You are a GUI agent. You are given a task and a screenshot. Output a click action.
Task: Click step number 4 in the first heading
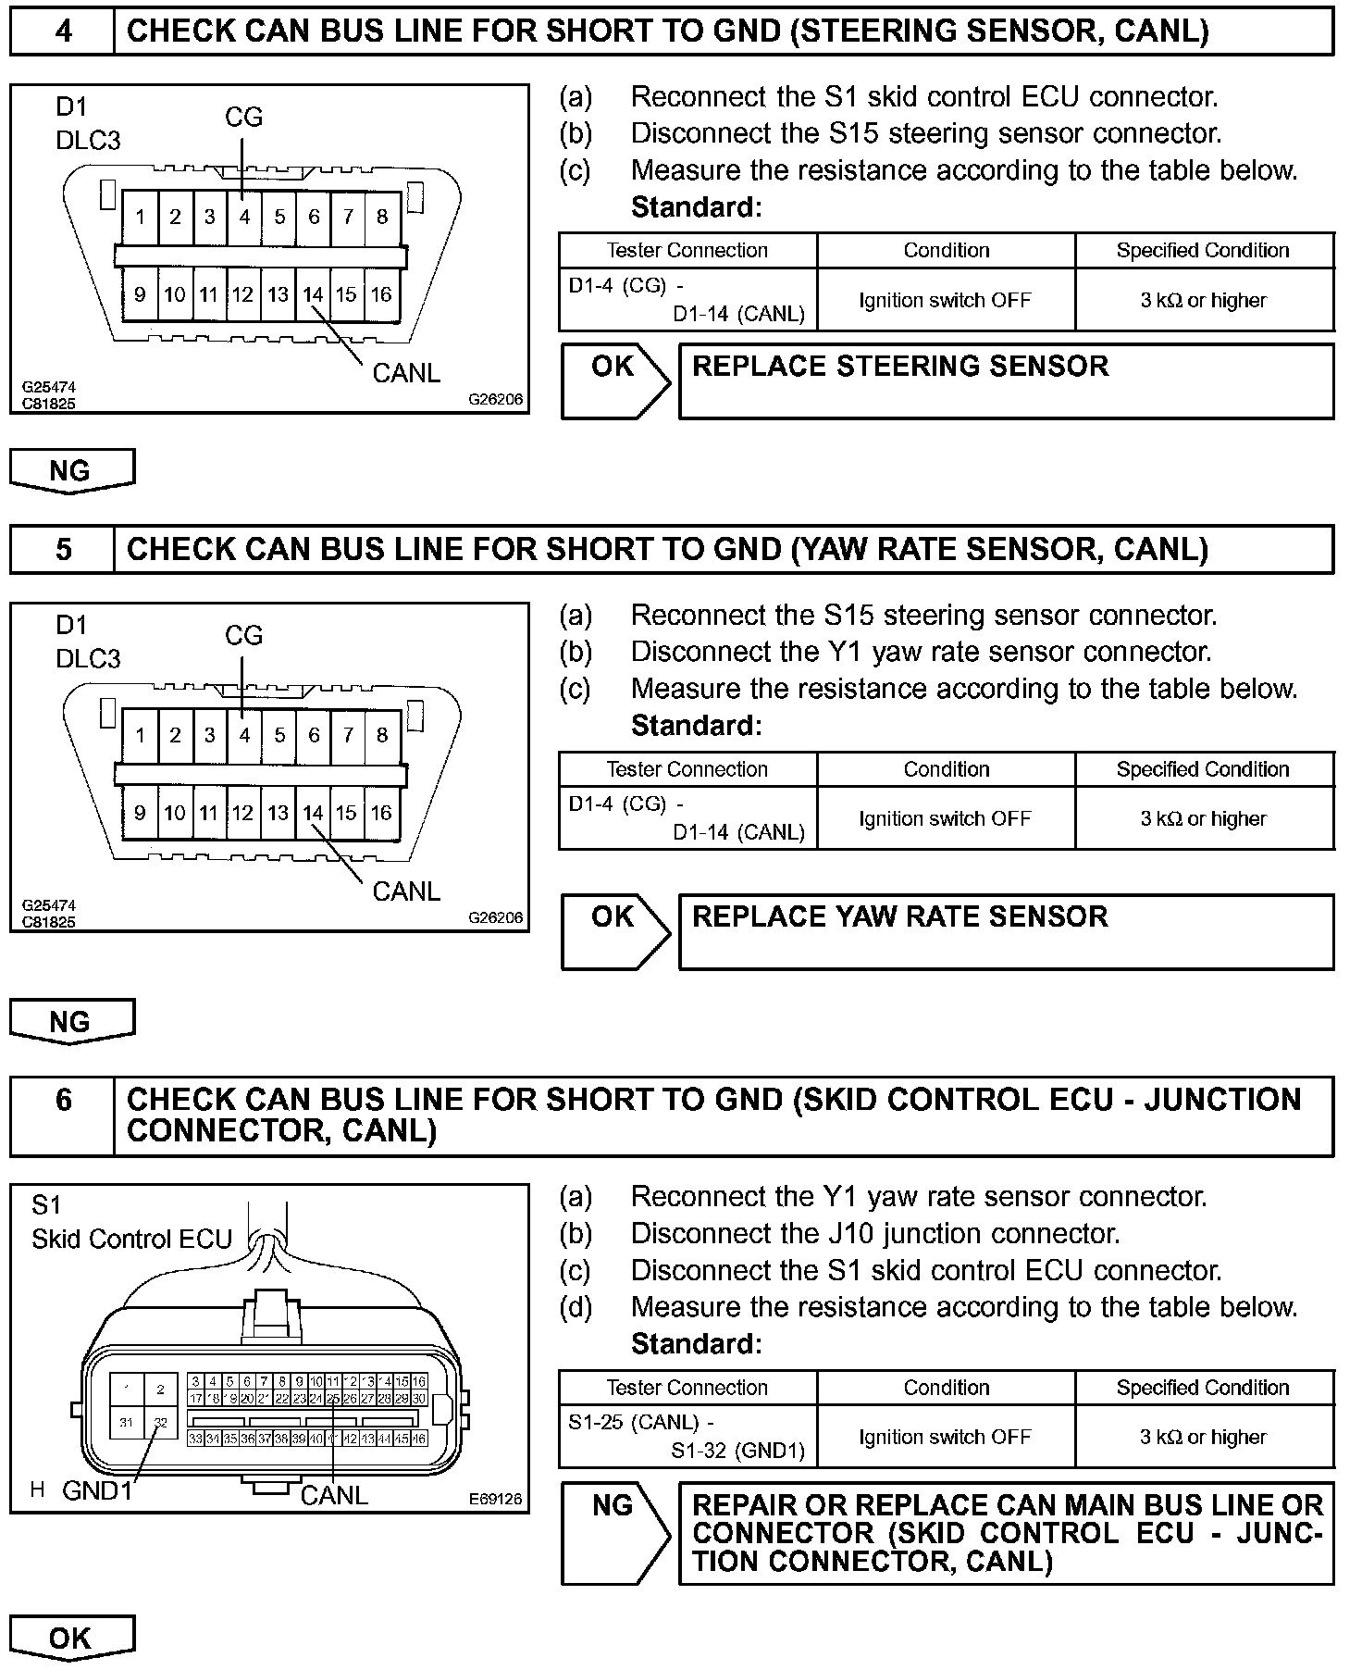tap(62, 31)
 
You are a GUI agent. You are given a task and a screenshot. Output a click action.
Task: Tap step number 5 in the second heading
tap(62, 550)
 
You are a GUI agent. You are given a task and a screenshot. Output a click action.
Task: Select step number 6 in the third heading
tap(62, 1100)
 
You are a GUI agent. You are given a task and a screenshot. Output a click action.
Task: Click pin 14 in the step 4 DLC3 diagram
tap(313, 294)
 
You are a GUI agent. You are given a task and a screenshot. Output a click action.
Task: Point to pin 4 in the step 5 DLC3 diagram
tap(244, 735)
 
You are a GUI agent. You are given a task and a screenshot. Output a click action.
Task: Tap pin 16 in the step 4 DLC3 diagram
tap(381, 294)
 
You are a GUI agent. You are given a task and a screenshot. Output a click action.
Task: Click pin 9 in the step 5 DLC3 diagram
tap(140, 813)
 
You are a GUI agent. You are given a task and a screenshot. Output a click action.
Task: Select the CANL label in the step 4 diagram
tap(406, 373)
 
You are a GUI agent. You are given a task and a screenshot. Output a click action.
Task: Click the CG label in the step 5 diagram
tap(244, 636)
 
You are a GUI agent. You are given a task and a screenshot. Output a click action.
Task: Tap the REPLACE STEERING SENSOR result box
tap(1006, 380)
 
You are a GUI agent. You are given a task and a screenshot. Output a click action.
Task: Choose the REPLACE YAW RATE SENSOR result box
tap(1006, 931)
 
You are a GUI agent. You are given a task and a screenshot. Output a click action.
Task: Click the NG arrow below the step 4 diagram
tap(71, 470)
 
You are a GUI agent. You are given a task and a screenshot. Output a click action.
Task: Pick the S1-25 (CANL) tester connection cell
tap(687, 1436)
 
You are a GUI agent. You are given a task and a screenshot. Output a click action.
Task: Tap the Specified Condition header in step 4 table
tap(1203, 250)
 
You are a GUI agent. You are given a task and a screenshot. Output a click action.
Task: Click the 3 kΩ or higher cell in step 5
tap(1203, 818)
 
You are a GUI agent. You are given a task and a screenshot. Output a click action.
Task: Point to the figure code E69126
tap(495, 1499)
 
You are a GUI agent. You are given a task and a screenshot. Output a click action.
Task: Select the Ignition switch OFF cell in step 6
tap(945, 1437)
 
